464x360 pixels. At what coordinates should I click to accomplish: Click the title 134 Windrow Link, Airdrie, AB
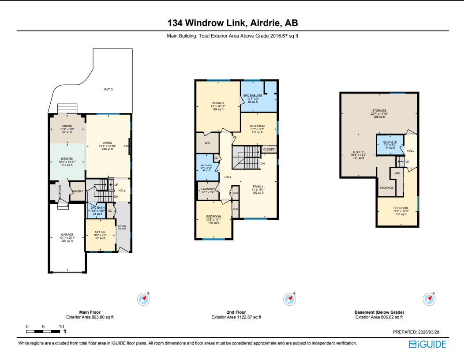[232, 23]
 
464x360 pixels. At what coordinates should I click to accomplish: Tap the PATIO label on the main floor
[108, 90]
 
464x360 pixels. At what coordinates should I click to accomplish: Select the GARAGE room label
[67, 235]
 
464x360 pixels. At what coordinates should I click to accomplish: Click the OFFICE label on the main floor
[100, 232]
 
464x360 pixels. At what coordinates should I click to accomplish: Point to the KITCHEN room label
[67, 159]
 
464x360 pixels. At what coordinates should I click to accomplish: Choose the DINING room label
[67, 126]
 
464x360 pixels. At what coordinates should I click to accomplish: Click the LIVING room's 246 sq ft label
[108, 149]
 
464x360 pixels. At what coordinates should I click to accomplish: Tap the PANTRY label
[78, 191]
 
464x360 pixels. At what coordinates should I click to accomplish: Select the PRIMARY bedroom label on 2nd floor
[218, 103]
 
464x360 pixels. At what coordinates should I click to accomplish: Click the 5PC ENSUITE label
[253, 95]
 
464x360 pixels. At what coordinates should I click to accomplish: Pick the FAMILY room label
[258, 186]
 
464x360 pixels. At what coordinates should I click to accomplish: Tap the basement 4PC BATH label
[390, 142]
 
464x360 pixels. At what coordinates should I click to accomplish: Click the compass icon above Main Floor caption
[144, 299]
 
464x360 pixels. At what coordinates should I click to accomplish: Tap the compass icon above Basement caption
[429, 299]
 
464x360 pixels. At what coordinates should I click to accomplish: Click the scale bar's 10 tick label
[61, 326]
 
